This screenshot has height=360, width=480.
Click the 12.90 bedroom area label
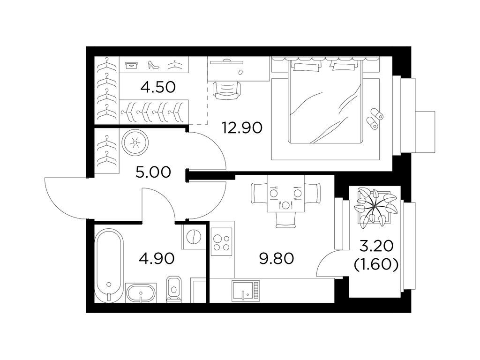(242, 127)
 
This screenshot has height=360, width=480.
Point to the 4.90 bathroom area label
(157, 258)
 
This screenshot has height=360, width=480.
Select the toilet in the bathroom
(173, 288)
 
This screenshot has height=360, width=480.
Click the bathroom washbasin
(142, 293)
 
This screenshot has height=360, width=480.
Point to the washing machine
(193, 237)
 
